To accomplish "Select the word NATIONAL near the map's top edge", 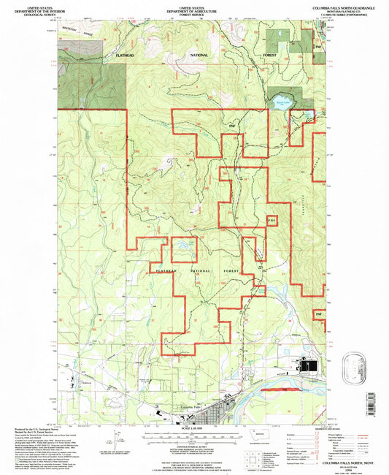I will pyautogui.click(x=199, y=56).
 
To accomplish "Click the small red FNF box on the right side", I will pyautogui.click(x=271, y=220).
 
